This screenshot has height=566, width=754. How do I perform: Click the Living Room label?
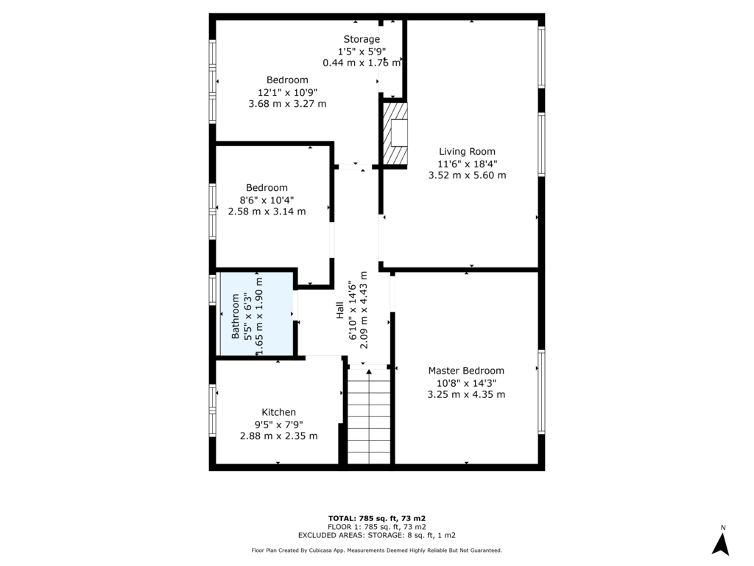click(x=467, y=152)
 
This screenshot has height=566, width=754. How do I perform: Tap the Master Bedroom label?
click(x=466, y=371)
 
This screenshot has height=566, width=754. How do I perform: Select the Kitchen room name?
click(x=278, y=412)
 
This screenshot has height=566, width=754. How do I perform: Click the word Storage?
click(x=362, y=40)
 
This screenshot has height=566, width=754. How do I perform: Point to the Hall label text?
click(x=340, y=310)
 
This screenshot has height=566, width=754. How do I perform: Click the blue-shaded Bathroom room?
click(x=257, y=313)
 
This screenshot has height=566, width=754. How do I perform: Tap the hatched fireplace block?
click(x=395, y=133)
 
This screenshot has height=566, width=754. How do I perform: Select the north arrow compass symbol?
click(x=720, y=544)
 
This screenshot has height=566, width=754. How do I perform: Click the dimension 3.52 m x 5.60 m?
click(x=467, y=175)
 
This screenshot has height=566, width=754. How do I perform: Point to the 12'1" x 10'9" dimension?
click(x=288, y=92)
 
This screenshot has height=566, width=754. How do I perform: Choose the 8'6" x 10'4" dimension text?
click(x=267, y=200)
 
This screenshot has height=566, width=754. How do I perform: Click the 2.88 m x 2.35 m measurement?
click(x=279, y=436)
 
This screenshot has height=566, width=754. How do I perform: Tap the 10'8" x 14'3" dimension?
click(x=466, y=383)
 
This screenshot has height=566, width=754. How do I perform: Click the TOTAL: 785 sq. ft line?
click(x=377, y=518)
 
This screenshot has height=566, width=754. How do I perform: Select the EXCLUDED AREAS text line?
click(x=377, y=535)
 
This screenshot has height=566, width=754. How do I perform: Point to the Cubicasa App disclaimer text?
click(x=377, y=551)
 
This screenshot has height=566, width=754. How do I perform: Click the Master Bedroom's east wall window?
click(x=541, y=391)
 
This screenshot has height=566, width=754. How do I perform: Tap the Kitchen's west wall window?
click(x=212, y=410)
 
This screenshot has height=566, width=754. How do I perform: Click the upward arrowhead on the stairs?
click(x=369, y=371)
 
